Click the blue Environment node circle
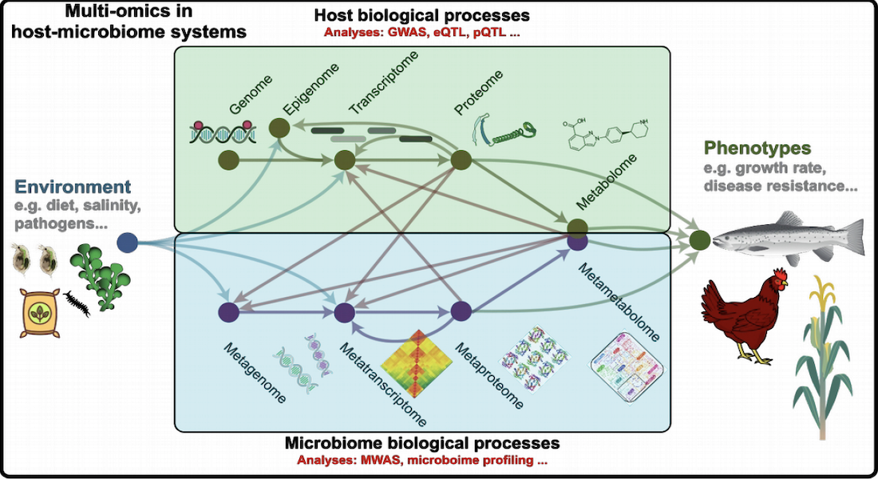(128, 243)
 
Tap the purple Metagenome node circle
(228, 312)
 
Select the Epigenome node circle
(279, 129)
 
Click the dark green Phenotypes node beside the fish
(700, 240)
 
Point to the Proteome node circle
(461, 160)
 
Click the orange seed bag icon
(39, 313)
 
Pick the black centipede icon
(77, 304)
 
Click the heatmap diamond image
(416, 363)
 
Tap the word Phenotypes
(757, 148)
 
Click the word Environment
(73, 187)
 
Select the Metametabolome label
(619, 302)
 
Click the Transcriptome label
(383, 82)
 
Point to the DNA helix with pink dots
(223, 133)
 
